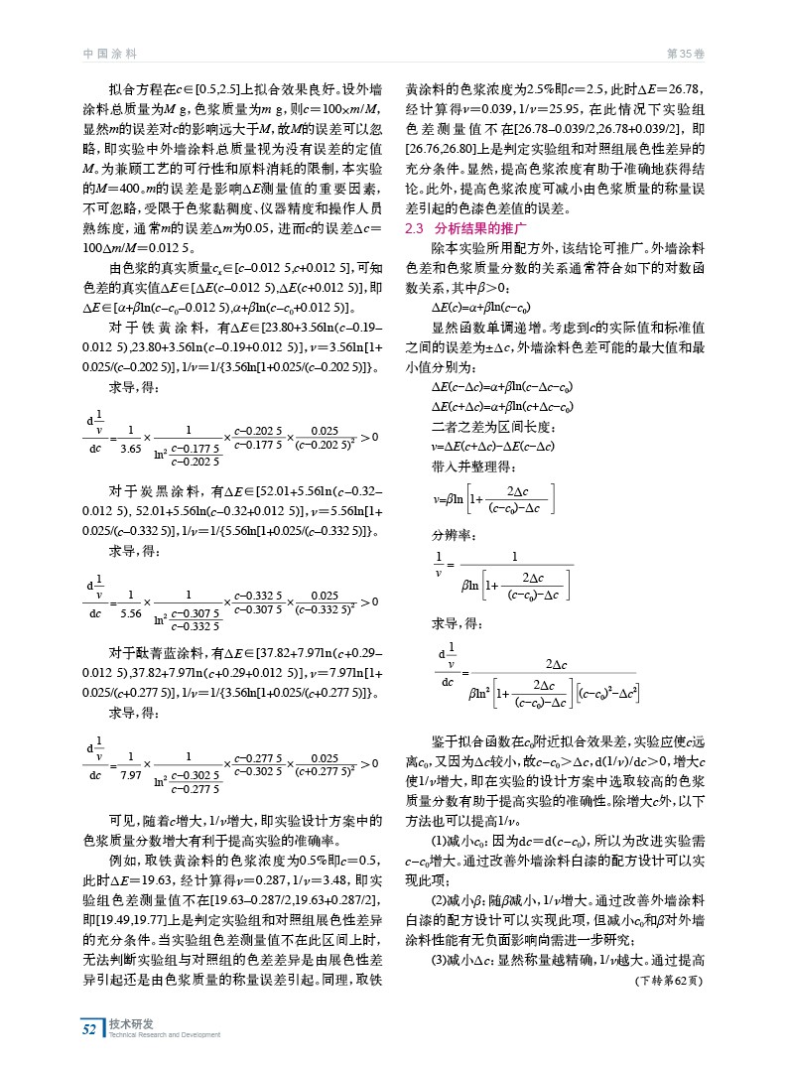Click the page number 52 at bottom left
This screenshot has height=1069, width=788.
90,1029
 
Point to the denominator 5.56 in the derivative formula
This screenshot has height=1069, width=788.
130,614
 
